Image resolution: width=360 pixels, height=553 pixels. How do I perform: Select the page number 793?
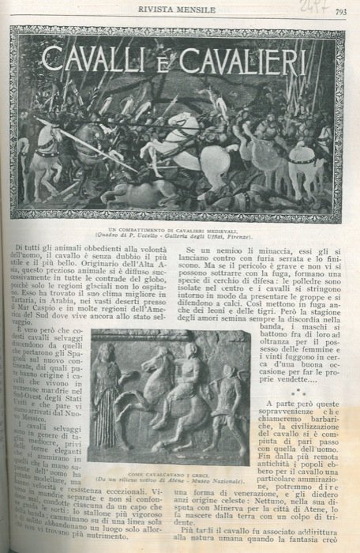pyautogui.click(x=341, y=11)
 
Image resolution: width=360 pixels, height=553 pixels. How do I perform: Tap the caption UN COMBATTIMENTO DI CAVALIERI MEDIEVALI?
pyautogui.click(x=179, y=228)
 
